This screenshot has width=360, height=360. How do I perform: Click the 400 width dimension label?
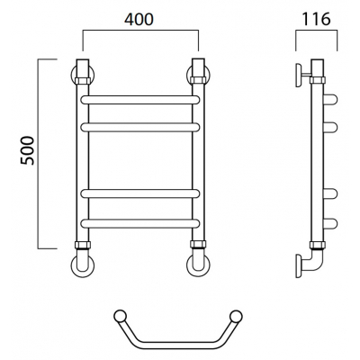pyautogui.click(x=139, y=20)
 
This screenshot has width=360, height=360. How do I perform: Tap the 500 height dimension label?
pyautogui.click(x=28, y=150)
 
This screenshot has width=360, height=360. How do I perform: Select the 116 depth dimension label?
pyautogui.click(x=316, y=20)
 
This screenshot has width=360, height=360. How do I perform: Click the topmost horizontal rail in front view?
pyautogui.click(x=140, y=100)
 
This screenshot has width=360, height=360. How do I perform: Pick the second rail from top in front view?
pyautogui.click(x=140, y=127)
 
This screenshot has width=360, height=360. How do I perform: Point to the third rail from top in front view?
pyautogui.click(x=140, y=193)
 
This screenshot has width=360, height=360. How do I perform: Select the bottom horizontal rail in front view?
pyautogui.click(x=140, y=224)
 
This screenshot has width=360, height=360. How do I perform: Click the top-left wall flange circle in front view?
pyautogui.click(x=72, y=75)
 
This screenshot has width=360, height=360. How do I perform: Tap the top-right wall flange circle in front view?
pyautogui.click(x=188, y=75)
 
